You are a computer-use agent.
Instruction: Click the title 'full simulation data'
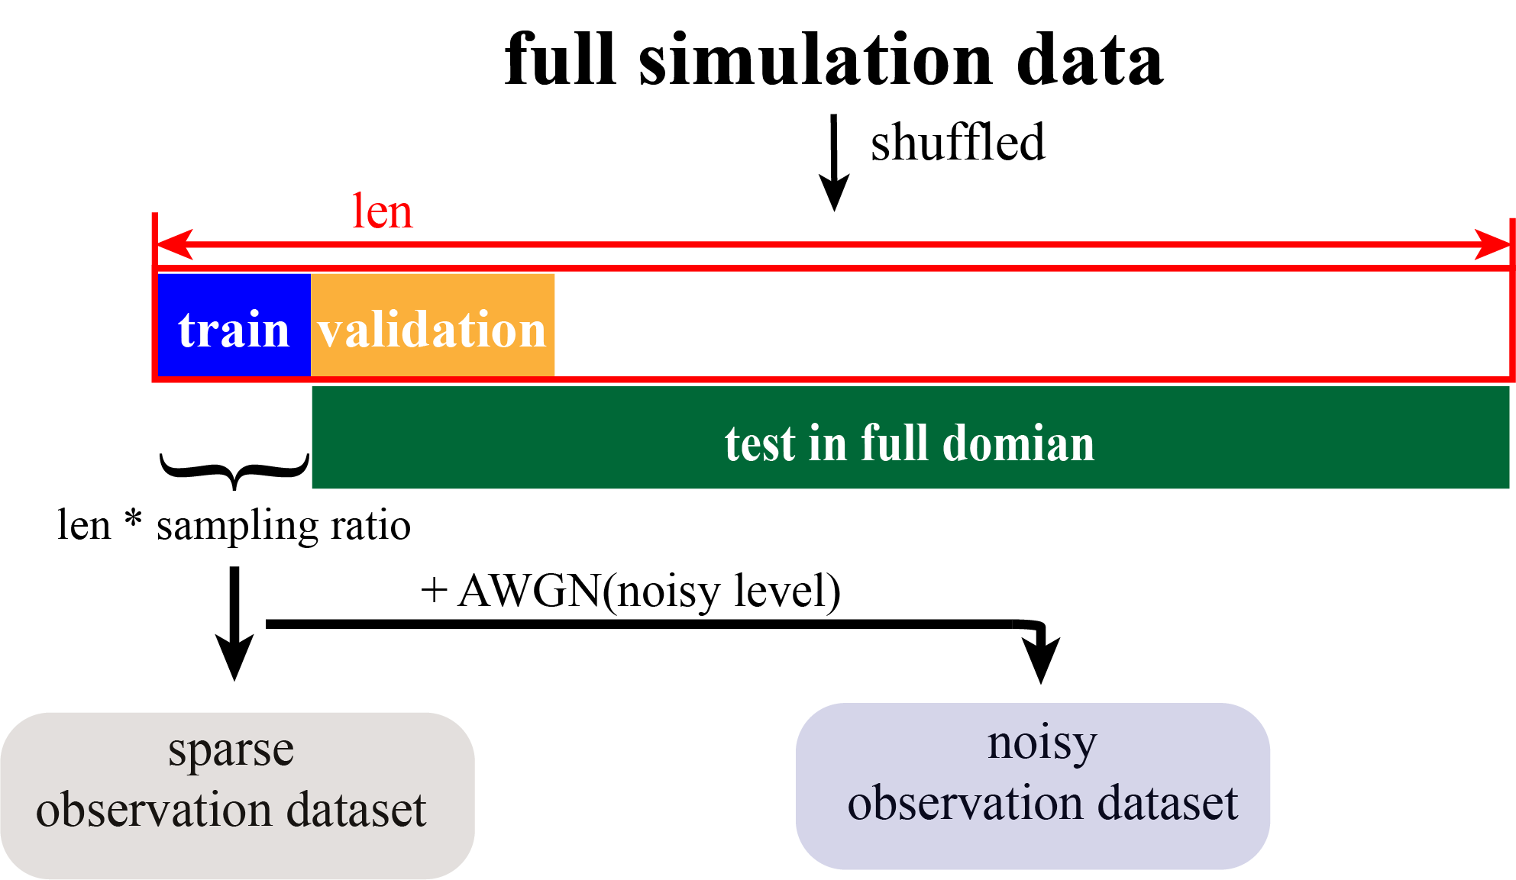pos(834,60)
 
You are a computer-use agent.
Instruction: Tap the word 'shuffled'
pos(958,143)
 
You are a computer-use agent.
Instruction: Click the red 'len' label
pos(382,212)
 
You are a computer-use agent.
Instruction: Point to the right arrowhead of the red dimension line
pos(1492,244)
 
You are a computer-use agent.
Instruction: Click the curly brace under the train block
pos(234,470)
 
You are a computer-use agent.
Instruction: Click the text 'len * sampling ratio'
pos(234,526)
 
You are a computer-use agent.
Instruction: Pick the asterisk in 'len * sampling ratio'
pos(134,521)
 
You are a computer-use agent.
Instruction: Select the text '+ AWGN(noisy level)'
pos(631,592)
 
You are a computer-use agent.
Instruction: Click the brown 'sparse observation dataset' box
pos(237,795)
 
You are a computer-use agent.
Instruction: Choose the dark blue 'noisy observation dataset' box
pos(1033,786)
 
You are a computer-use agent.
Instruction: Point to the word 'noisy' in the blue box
pos(1042,744)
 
